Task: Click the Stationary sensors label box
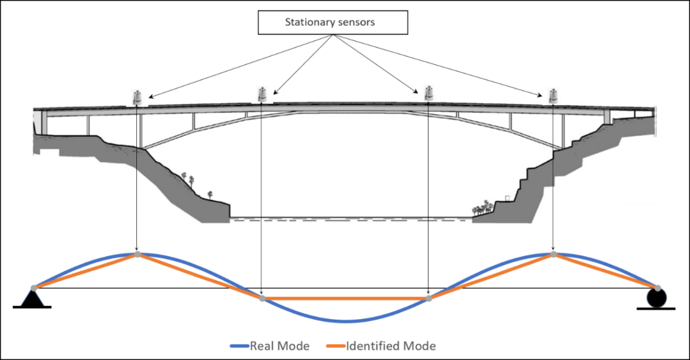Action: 333,23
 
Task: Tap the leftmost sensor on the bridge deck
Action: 137,98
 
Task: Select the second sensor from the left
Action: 262,94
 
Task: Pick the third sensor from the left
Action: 428,93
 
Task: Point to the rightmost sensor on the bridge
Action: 553,95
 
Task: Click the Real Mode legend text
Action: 279,346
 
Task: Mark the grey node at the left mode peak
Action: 137,254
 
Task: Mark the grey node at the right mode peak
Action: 553,254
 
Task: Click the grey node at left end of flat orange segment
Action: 262,298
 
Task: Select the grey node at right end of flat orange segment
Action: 428,298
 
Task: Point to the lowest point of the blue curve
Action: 345,321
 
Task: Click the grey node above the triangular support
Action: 33,288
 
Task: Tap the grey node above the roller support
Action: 657,288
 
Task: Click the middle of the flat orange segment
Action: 345,298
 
